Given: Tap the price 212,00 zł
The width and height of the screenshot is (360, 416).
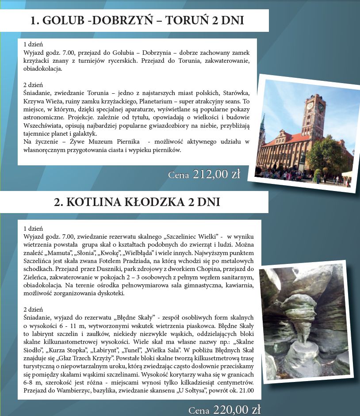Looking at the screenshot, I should click(x=216, y=174).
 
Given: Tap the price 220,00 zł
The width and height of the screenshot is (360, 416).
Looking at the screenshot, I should click(x=237, y=410).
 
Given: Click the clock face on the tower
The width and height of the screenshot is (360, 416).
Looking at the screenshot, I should click(x=310, y=106).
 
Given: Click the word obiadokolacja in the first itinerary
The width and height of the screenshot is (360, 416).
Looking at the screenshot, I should click(x=43, y=69).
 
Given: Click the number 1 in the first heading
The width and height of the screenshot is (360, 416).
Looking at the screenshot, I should click(x=34, y=20).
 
